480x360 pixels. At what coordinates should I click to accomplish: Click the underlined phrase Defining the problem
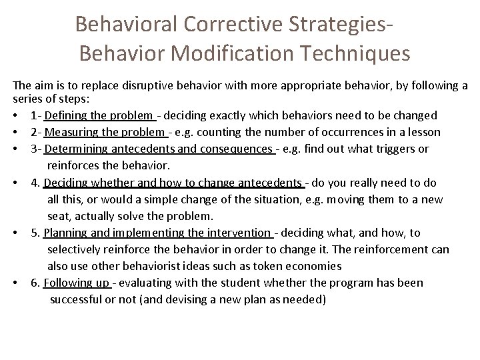point(99,115)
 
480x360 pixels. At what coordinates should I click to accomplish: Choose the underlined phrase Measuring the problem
point(105,132)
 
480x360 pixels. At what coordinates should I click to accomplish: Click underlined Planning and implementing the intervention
point(157,233)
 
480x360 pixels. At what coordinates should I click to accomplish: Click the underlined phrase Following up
point(77,283)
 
